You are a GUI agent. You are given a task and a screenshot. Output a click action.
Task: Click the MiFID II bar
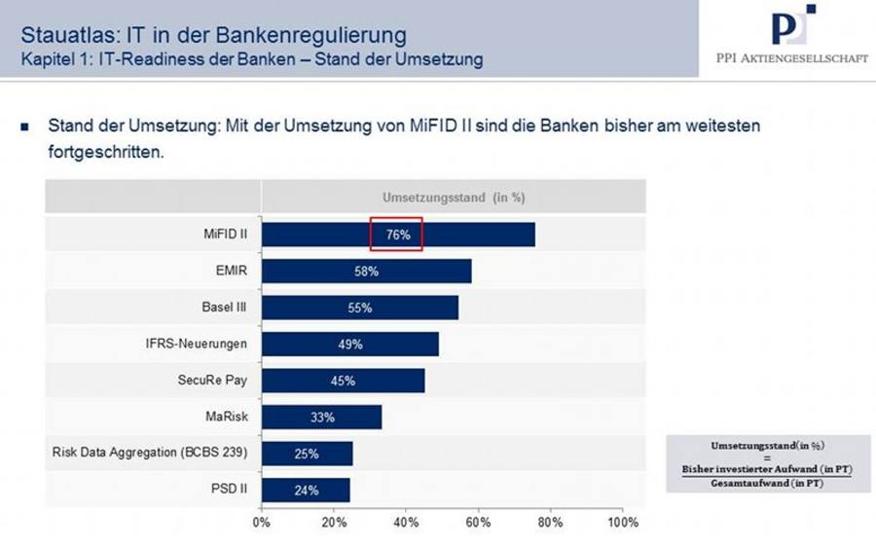click(398, 235)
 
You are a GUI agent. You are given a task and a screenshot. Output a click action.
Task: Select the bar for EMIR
click(367, 271)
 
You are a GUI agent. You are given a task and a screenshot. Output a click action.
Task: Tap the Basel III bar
click(360, 308)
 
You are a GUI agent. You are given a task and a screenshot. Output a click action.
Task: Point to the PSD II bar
click(306, 490)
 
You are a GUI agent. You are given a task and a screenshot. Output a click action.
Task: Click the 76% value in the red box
click(398, 235)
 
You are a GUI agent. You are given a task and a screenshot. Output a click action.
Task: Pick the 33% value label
click(322, 418)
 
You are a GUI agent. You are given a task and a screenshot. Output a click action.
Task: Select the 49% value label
click(350, 345)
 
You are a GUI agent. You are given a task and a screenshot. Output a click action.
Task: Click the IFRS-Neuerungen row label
click(196, 344)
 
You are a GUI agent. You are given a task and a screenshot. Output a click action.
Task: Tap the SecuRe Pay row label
click(212, 380)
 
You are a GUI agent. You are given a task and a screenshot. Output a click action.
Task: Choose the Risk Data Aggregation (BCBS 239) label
click(150, 452)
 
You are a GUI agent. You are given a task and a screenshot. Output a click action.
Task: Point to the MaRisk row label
click(226, 417)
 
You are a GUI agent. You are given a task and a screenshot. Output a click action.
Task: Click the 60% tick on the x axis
click(478, 523)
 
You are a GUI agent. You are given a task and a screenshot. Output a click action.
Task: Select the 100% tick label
click(622, 523)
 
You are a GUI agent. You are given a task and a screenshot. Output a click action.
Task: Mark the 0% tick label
click(262, 523)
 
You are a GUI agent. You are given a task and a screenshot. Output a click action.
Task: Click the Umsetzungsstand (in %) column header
click(454, 198)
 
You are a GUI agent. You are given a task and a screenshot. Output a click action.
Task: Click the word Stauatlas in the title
click(70, 35)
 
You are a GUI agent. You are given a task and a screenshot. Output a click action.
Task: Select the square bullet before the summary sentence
click(24, 127)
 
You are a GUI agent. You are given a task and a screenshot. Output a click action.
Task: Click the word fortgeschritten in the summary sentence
click(106, 152)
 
